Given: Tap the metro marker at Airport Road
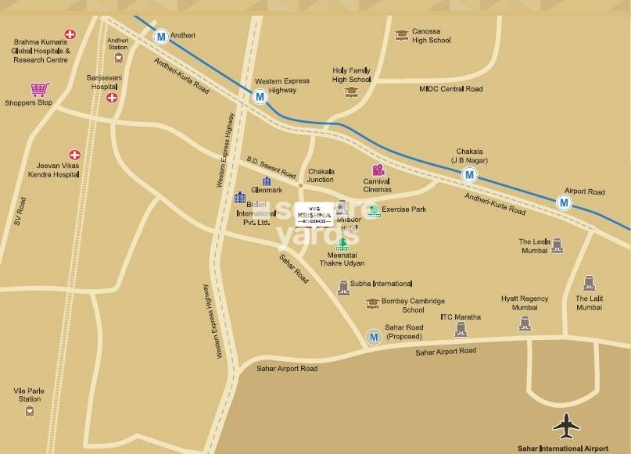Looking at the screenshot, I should coord(565,202).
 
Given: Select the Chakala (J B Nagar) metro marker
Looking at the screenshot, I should coord(469,175).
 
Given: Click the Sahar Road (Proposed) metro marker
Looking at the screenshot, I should coord(374,337).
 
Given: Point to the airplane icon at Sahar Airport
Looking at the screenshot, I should coord(567,426).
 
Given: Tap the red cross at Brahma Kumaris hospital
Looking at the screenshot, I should coord(70,34).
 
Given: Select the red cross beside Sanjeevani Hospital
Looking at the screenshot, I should coord(112,98).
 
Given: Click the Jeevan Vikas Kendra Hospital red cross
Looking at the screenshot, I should coord(75,156).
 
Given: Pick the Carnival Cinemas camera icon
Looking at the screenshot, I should coord(378,170).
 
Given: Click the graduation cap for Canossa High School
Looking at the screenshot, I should coord(402,34).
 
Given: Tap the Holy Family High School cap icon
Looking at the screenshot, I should coord(350,91).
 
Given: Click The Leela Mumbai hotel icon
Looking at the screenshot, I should coord(557,245).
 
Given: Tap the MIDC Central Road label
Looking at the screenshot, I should coord(450,90).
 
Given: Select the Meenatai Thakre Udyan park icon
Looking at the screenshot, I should coord(342,243).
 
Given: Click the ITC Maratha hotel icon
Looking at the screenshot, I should coord(461,330).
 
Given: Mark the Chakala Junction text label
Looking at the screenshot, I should coord(321,176).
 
